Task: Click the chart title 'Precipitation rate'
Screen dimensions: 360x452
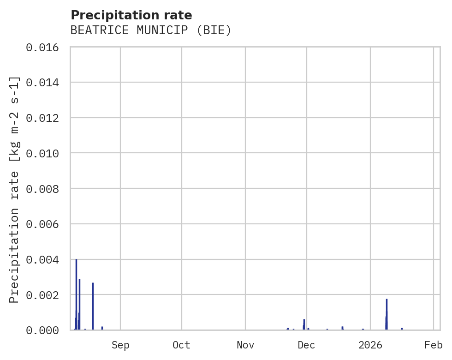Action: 131,15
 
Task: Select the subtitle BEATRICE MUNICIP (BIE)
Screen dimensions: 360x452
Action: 151,30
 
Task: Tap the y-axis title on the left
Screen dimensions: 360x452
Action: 14,189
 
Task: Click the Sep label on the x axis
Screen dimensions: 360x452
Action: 120,345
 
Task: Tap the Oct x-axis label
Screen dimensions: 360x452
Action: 182,345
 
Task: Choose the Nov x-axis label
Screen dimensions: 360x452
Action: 245,345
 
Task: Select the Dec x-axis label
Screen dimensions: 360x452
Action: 306,345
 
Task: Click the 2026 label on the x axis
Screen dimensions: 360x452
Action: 370,345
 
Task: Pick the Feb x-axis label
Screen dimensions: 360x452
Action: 434,345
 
